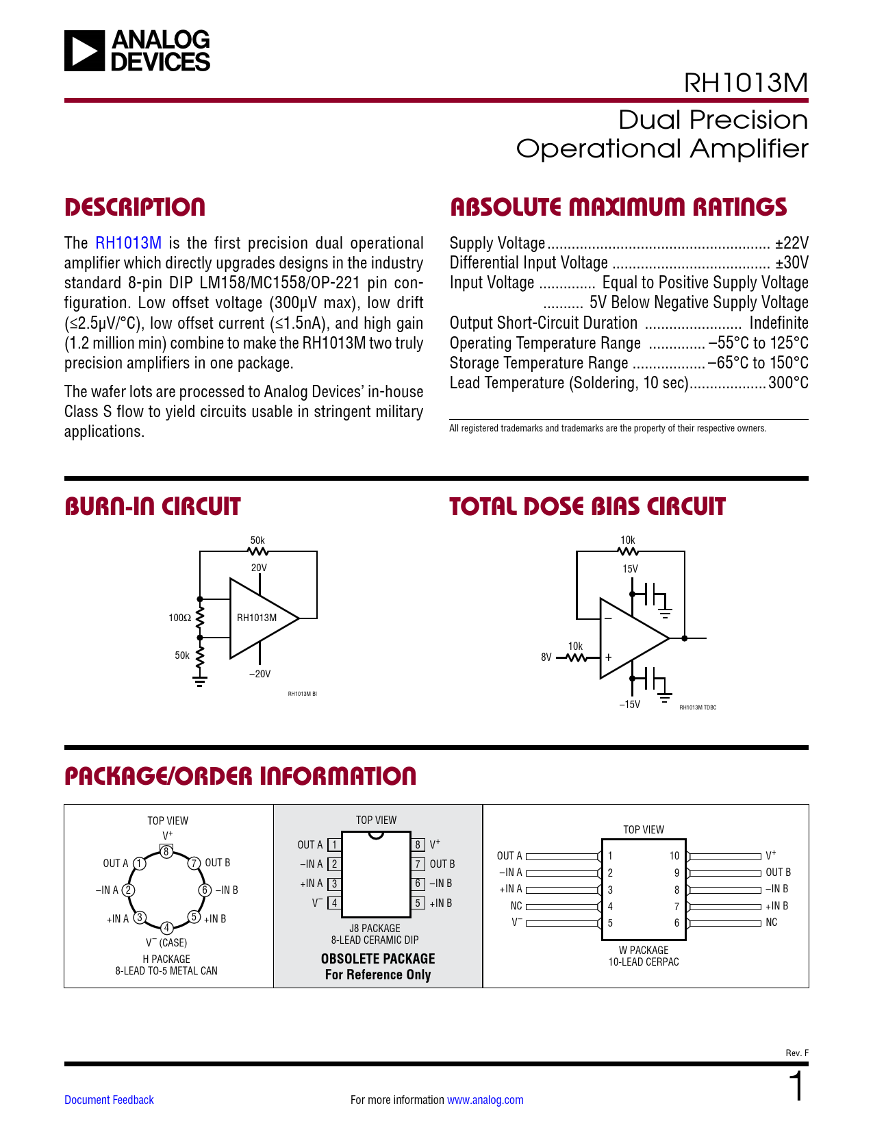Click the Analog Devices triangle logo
click(x=85, y=51)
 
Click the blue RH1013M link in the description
click(x=128, y=243)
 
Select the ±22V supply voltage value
click(x=792, y=243)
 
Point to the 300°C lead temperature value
click(x=788, y=383)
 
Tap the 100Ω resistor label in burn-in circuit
click(x=180, y=618)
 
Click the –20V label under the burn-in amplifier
click(x=260, y=674)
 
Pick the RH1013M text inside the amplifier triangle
click(x=257, y=618)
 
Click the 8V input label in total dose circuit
click(x=546, y=657)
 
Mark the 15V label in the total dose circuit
click(x=630, y=569)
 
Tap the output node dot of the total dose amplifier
click(x=685, y=638)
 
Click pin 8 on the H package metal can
click(x=166, y=851)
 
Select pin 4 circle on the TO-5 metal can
click(x=166, y=928)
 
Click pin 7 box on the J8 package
click(x=418, y=864)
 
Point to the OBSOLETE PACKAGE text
click(x=378, y=959)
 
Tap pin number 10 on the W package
click(x=674, y=855)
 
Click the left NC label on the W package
click(x=516, y=906)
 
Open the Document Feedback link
click(x=109, y=1100)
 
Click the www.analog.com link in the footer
click(x=485, y=1100)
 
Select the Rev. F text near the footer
click(x=796, y=1053)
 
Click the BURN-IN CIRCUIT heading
click(x=152, y=507)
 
